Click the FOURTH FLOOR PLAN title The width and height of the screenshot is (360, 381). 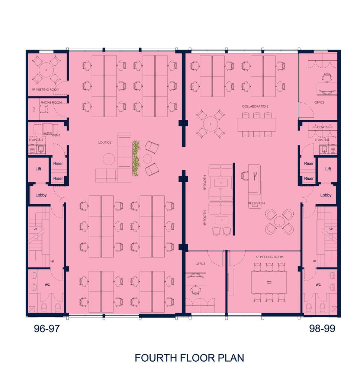(x=189, y=358)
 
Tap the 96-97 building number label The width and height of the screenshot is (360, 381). (x=46, y=329)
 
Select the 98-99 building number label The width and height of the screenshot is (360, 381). (x=322, y=329)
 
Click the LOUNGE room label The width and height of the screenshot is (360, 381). (x=105, y=143)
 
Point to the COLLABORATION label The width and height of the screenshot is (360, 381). (x=255, y=106)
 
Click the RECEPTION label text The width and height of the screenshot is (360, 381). (x=257, y=203)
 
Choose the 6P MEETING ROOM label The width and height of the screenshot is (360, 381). (x=270, y=257)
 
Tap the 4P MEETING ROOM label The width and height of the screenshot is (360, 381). (x=45, y=89)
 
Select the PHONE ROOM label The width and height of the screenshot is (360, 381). (x=51, y=103)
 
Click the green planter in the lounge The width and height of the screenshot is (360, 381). (x=136, y=159)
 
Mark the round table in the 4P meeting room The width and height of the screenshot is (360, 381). (x=46, y=70)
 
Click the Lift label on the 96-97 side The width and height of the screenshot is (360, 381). (x=38, y=169)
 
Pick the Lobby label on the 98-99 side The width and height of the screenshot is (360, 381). (x=326, y=195)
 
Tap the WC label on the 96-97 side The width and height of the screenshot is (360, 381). (x=47, y=285)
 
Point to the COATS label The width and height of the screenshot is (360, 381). (x=322, y=127)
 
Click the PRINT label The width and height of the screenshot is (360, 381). (x=56, y=135)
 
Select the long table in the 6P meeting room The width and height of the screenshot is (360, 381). (x=269, y=282)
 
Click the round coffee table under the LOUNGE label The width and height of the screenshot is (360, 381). (x=109, y=159)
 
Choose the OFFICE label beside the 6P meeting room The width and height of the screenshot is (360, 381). (x=200, y=264)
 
